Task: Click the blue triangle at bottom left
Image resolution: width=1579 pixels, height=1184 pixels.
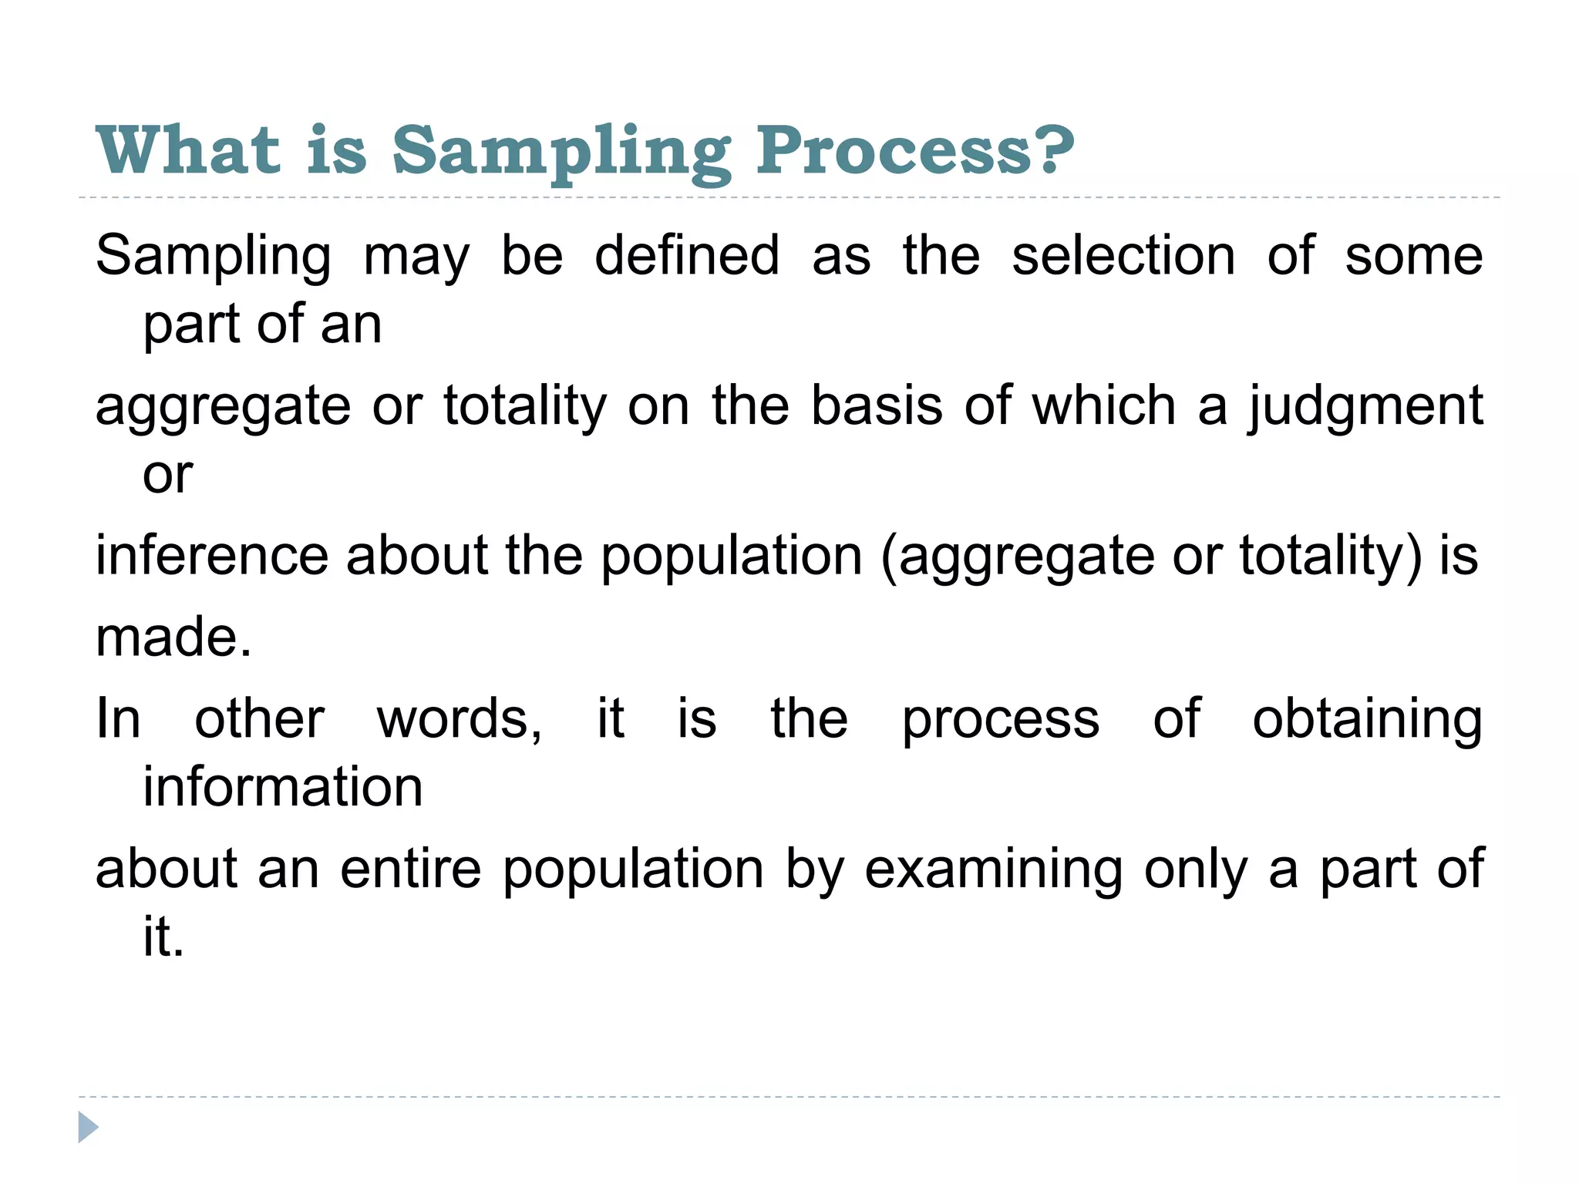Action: coord(88,1127)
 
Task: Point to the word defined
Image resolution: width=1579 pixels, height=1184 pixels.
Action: coord(687,255)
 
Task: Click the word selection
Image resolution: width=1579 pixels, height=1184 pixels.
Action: coord(1123,255)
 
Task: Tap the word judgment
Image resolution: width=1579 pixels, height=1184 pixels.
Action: coord(1365,406)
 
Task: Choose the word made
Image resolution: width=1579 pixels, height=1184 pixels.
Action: coord(173,637)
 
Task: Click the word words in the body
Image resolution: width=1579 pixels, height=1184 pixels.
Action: coord(460,719)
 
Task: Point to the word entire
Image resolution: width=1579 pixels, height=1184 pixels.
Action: coord(410,869)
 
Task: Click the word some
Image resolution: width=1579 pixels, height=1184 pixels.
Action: coord(1413,255)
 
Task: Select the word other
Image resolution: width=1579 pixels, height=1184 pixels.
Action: coord(259,719)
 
